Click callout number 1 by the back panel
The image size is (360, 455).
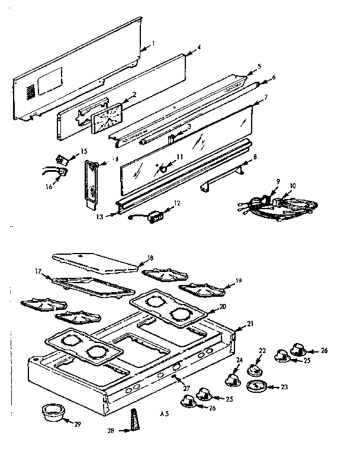[153, 43]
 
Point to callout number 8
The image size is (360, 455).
[255, 156]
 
